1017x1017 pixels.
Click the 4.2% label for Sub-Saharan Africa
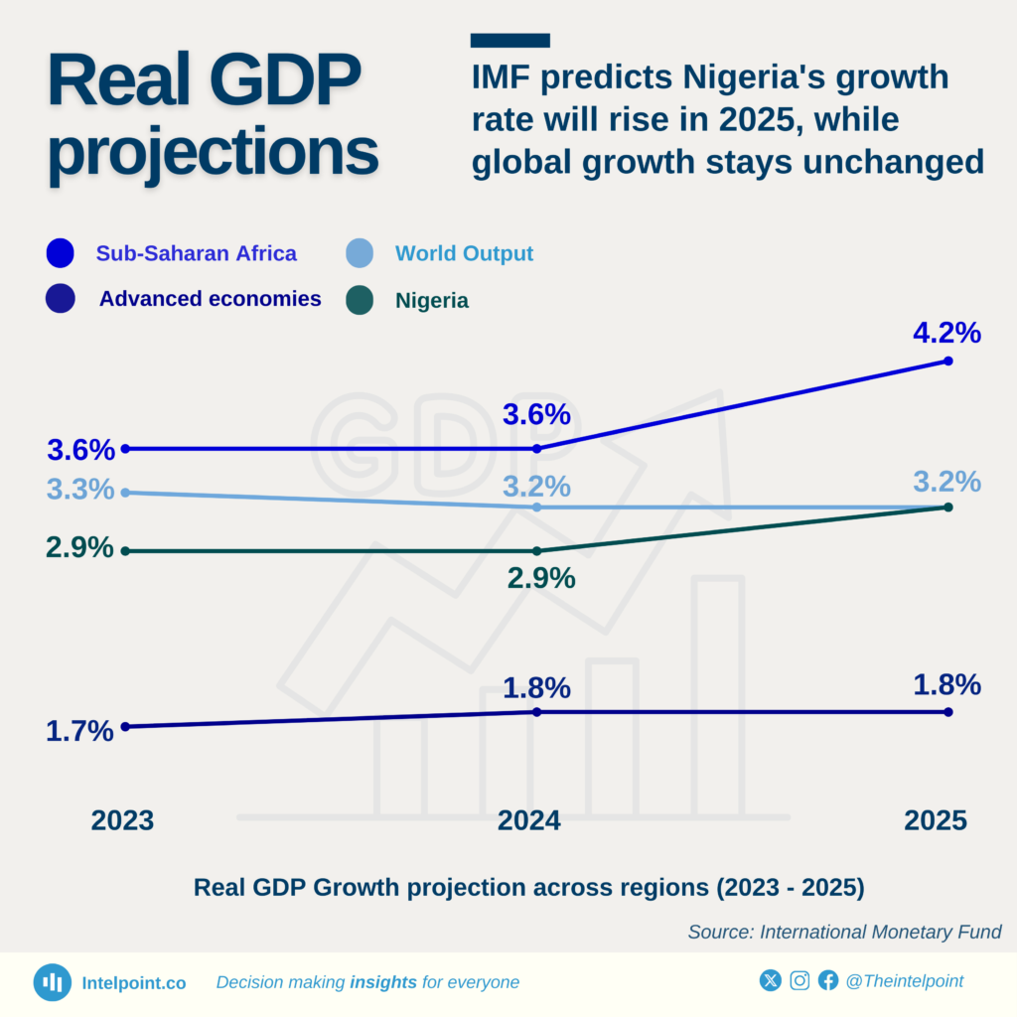[946, 333]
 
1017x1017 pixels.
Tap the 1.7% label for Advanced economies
[79, 732]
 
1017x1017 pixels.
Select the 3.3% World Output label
[79, 490]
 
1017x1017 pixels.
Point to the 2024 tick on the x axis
[529, 820]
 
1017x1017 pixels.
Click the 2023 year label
[122, 820]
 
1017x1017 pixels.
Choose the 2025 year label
[935, 820]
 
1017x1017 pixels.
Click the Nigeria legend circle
[360, 300]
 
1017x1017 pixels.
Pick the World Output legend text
[464, 253]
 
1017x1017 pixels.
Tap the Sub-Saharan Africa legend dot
[61, 253]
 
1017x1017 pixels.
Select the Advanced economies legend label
[210, 299]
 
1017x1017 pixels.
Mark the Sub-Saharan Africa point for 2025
[947, 361]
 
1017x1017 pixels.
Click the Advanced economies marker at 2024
[537, 712]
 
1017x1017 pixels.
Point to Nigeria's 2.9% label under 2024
[540, 578]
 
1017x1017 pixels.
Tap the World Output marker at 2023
[125, 493]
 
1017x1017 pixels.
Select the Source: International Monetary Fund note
[844, 932]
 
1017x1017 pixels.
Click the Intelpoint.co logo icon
[52, 982]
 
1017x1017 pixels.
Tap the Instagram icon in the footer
[799, 981]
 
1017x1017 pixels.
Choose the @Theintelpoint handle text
[904, 981]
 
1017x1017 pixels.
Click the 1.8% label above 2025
[946, 685]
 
